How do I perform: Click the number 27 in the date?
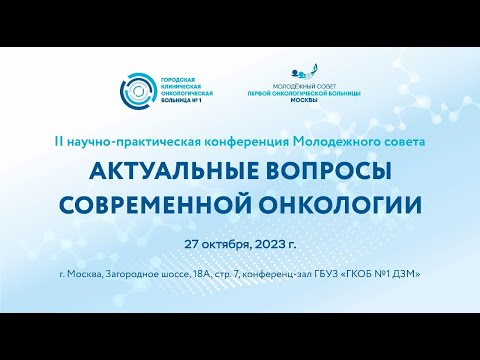192,243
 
